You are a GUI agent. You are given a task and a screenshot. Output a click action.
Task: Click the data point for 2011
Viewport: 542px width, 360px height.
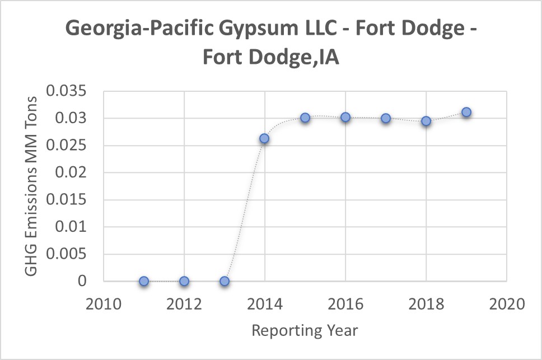tap(144, 281)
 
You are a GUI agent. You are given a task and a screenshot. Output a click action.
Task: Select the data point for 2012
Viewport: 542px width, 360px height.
tap(184, 281)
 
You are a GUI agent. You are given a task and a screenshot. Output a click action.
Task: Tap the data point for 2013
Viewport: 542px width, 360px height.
tap(225, 281)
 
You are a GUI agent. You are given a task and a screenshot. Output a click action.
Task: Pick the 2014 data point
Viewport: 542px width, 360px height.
tap(265, 138)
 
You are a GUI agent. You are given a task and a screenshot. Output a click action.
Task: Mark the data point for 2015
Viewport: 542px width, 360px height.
tap(305, 118)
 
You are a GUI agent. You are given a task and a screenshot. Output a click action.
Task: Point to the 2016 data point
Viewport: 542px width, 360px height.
tap(345, 117)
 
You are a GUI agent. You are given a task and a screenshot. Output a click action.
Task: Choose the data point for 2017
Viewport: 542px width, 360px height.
tap(386, 118)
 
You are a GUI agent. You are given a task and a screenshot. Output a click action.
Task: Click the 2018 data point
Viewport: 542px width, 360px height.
tap(426, 121)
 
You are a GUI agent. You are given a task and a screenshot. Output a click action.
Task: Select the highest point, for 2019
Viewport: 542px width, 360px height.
tap(466, 112)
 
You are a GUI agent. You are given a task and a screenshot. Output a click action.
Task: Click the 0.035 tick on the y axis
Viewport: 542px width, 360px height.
tap(67, 91)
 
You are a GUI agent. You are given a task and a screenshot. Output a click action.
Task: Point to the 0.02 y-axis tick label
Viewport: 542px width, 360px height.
tap(72, 173)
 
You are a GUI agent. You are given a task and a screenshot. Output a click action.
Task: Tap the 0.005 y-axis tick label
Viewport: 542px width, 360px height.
tap(67, 254)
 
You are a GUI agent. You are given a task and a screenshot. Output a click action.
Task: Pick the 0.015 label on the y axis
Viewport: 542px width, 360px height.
tap(67, 200)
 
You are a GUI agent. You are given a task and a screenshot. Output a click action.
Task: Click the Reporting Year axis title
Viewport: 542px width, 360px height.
tap(305, 330)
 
